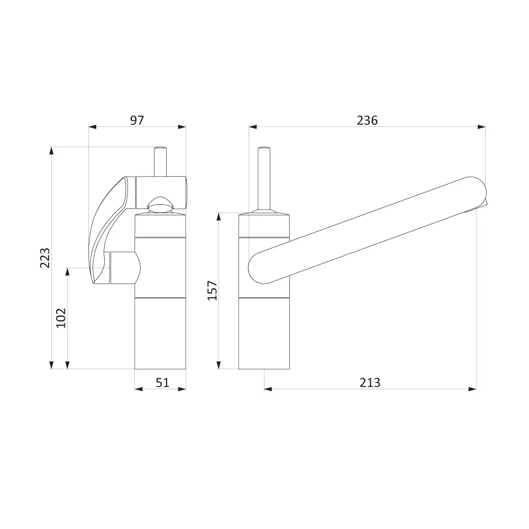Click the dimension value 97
coord(137,121)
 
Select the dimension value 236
coord(367,121)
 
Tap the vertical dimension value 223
coord(45,258)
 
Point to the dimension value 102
coord(61,318)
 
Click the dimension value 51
coord(162,382)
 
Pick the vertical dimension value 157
coord(212,290)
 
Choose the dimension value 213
coord(370,382)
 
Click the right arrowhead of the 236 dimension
coord(482,127)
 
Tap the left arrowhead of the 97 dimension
coord(93,127)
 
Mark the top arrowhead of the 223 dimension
coord(51,151)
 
